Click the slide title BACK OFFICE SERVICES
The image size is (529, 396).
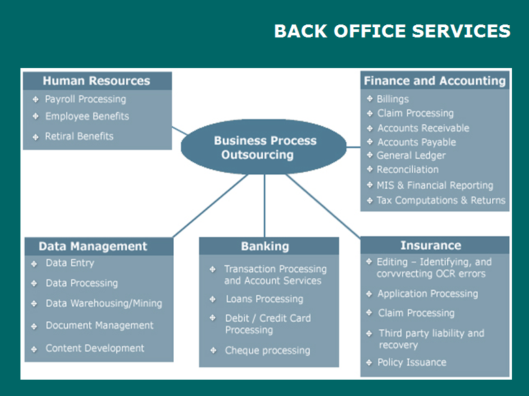[393, 31]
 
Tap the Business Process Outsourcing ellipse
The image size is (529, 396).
[264, 147]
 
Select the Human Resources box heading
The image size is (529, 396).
[97, 81]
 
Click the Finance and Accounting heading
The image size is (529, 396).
[434, 81]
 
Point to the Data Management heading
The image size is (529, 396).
[93, 246]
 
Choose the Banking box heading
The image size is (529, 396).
[264, 246]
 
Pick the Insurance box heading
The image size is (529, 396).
[431, 246]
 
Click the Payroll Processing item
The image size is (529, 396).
[85, 99]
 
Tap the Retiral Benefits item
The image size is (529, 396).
[79, 136]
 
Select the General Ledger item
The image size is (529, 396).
[411, 156]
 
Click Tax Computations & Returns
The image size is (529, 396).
[441, 200]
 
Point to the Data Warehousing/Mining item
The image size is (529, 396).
[104, 303]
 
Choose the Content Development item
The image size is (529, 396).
[95, 348]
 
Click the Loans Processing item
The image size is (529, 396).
[264, 299]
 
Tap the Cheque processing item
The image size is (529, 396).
[267, 350]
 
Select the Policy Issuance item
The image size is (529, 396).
[412, 363]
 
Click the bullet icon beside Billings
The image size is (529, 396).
[369, 99]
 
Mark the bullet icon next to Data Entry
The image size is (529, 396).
[34, 264]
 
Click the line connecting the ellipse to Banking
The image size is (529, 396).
[264, 205]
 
